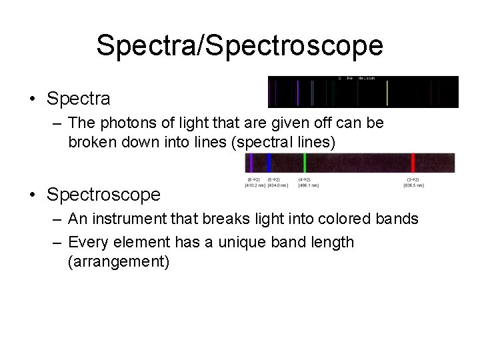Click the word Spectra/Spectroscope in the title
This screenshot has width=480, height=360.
(239, 45)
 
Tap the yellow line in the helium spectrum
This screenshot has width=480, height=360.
(387, 93)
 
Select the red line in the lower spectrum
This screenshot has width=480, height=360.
(413, 163)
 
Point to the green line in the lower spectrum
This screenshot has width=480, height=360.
(305, 163)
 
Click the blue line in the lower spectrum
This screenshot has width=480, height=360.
(269, 163)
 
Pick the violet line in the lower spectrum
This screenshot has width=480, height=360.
(251, 163)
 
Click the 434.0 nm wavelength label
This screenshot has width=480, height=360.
(277, 185)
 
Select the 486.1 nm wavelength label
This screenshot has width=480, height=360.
(307, 185)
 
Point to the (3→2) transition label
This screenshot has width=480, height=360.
(413, 179)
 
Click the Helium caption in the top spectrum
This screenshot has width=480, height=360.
(366, 79)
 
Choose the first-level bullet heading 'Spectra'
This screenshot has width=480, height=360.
(79, 99)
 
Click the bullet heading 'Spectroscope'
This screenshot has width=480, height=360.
(103, 195)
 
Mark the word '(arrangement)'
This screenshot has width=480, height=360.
(119, 261)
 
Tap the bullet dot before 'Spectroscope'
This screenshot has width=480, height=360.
(33, 195)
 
